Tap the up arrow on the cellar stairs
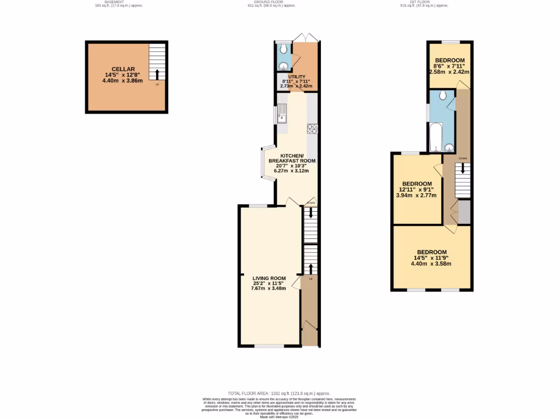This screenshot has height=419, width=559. (157, 74)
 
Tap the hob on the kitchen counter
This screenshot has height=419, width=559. (313, 129)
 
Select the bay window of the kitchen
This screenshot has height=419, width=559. (267, 164)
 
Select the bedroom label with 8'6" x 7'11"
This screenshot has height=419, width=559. (450, 60)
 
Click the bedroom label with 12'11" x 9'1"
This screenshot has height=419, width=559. (417, 184)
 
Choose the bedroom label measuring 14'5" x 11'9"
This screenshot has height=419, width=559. (431, 252)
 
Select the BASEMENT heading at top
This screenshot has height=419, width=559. (114, 2)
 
